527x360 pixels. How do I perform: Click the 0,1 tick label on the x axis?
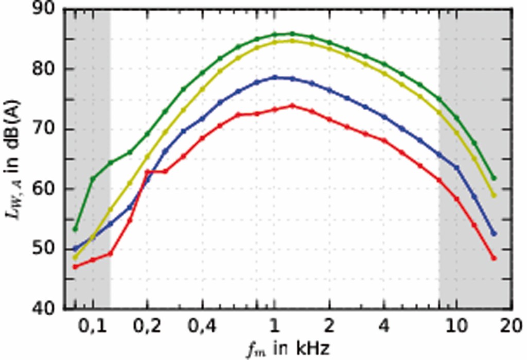coord(93,327)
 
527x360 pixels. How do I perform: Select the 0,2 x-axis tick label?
coord(147,327)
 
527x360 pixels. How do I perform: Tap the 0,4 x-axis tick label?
coord(202,327)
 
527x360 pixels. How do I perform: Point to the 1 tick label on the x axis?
coord(275,327)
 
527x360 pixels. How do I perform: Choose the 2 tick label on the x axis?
coord(329,327)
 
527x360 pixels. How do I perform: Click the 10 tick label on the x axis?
coord(456,327)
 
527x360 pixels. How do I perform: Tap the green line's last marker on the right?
coord(494,178)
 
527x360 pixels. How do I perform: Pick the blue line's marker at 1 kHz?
coord(275,77)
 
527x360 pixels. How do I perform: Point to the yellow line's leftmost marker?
coord(76,257)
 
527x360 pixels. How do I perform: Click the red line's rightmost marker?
coord(494,258)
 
